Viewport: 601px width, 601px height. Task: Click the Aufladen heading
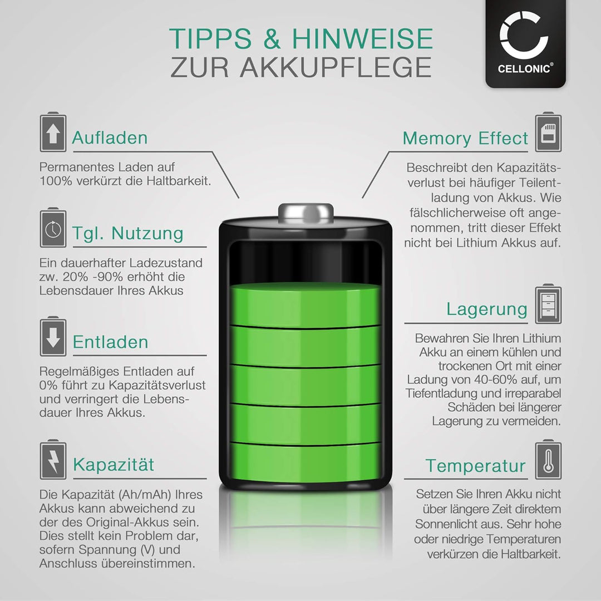click(x=110, y=138)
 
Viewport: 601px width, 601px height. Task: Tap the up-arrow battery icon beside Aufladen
click(x=53, y=132)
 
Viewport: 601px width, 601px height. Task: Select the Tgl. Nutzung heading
click(x=128, y=233)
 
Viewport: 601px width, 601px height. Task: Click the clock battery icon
click(x=53, y=228)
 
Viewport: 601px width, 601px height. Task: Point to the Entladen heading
click(x=110, y=342)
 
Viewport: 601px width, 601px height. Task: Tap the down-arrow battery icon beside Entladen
click(x=53, y=337)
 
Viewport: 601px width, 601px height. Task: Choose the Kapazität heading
click(x=114, y=465)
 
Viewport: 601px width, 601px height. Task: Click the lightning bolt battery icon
click(x=53, y=460)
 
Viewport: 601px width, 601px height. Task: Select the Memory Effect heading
click(x=465, y=139)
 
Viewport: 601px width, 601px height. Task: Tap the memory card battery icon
click(x=549, y=132)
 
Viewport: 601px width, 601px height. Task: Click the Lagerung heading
click(x=487, y=309)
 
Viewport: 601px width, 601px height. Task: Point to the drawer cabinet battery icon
click(x=549, y=304)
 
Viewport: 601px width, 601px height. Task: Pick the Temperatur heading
click(x=476, y=466)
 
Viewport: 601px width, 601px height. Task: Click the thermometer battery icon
click(x=549, y=460)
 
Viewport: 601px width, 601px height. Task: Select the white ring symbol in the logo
click(x=524, y=35)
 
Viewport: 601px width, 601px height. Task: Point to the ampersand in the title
click(x=272, y=39)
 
